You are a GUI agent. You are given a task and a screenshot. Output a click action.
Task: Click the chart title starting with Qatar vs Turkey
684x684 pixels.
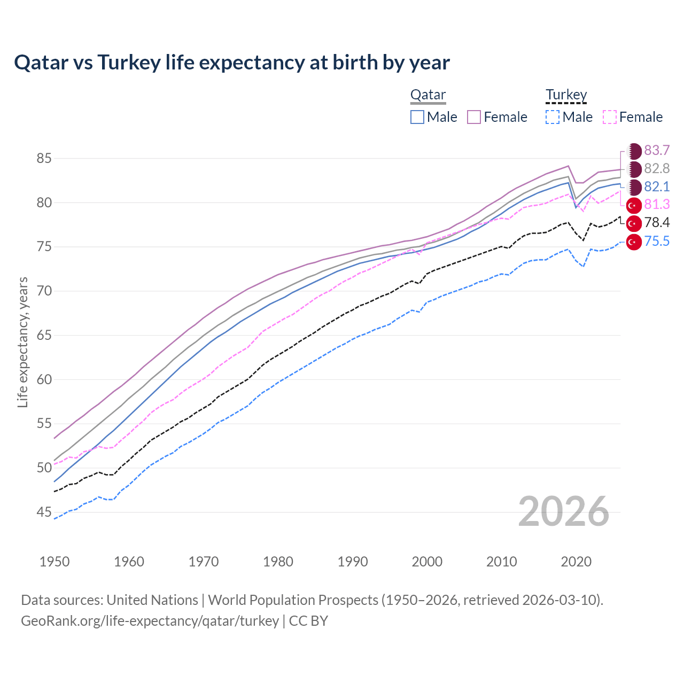coord(232,63)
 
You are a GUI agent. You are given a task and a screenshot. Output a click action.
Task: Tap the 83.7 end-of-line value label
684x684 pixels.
coord(657,150)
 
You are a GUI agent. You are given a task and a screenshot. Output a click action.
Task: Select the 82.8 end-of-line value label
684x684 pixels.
coord(657,168)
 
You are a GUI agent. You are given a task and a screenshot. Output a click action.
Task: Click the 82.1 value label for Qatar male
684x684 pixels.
coord(657,186)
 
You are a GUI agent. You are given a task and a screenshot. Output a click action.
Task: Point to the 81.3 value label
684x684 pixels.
coord(657,205)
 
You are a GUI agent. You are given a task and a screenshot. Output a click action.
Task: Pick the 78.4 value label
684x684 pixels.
coord(657,223)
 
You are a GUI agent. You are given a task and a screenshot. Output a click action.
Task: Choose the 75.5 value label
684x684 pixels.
coord(657,241)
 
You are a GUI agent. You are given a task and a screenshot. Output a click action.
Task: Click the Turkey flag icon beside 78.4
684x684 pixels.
coord(634,223)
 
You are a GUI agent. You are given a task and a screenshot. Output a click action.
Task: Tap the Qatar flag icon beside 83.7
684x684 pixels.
coord(634,151)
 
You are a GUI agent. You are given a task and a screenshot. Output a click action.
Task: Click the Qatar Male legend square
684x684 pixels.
coord(417,117)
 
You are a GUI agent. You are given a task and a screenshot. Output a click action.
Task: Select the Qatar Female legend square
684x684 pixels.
coord(474,117)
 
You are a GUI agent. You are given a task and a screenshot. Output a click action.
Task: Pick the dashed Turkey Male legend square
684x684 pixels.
coord(553,117)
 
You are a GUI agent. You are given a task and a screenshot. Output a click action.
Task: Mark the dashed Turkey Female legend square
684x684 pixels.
coord(610,117)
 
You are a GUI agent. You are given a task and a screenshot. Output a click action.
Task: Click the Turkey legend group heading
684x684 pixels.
coord(566,95)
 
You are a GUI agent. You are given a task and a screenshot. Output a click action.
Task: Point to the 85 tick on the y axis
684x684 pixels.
coord(44,159)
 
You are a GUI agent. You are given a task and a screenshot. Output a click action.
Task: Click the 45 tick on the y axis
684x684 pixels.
coord(44,512)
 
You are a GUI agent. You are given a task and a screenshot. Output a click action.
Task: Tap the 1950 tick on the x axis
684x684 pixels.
coord(55,562)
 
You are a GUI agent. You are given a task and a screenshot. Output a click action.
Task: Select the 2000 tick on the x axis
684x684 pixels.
coord(427,562)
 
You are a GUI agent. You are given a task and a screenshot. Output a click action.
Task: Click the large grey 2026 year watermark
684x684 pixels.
coord(563,511)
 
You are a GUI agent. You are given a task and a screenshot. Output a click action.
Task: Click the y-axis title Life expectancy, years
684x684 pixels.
coord(22,342)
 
